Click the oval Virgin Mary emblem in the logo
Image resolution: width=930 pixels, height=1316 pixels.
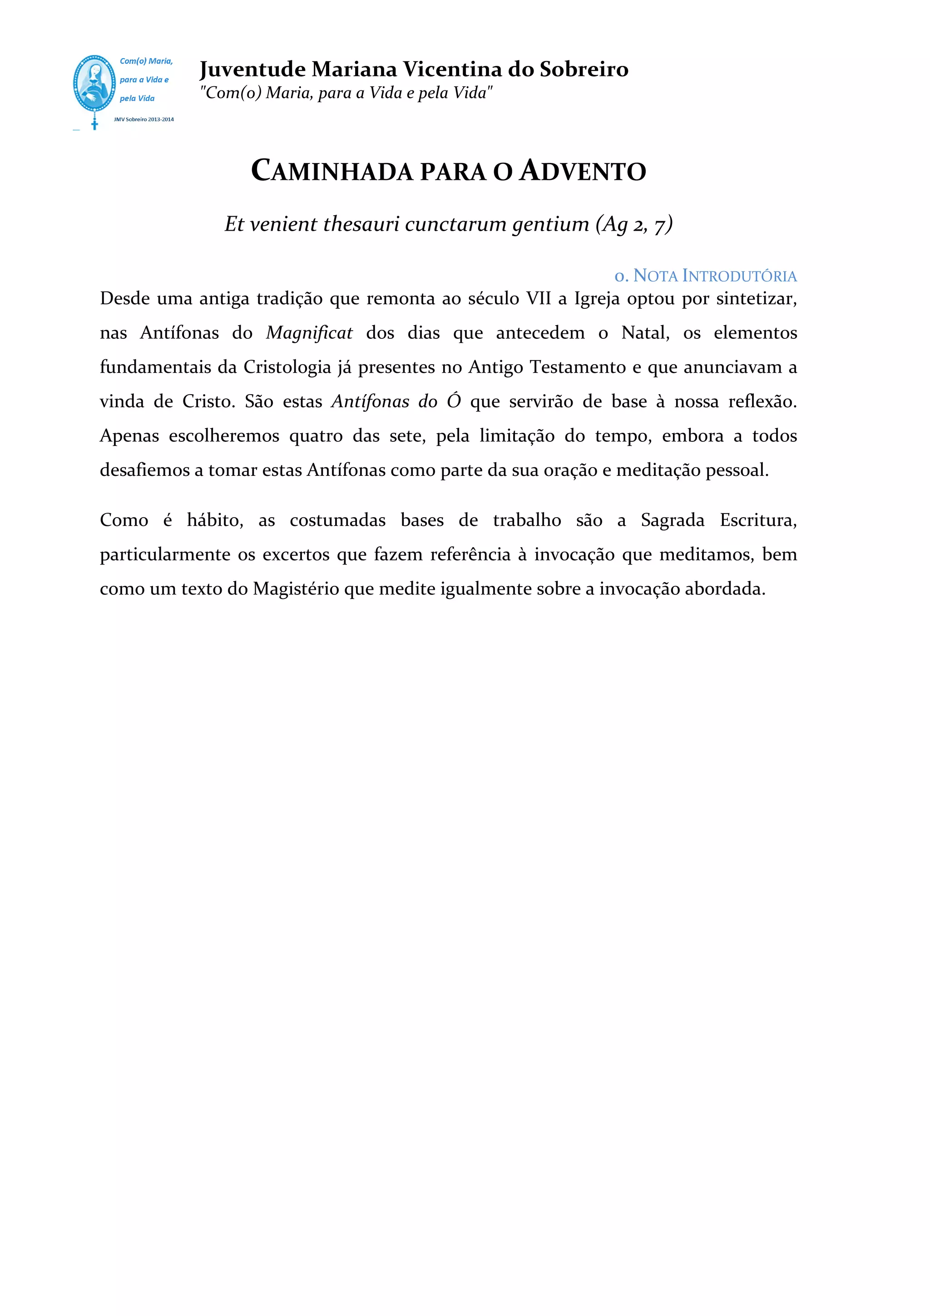94,84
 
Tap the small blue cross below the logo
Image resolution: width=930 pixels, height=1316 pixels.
94,124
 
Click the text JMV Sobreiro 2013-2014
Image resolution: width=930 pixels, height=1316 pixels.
144,120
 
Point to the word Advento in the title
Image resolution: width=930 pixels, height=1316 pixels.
583,171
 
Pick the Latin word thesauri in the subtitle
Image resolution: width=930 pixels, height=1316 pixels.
361,224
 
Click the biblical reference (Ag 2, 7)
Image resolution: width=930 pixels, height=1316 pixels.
634,224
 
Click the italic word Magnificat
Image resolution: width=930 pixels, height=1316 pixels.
309,333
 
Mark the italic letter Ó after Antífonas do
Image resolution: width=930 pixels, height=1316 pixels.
454,401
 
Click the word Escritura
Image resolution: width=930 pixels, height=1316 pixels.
758,520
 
